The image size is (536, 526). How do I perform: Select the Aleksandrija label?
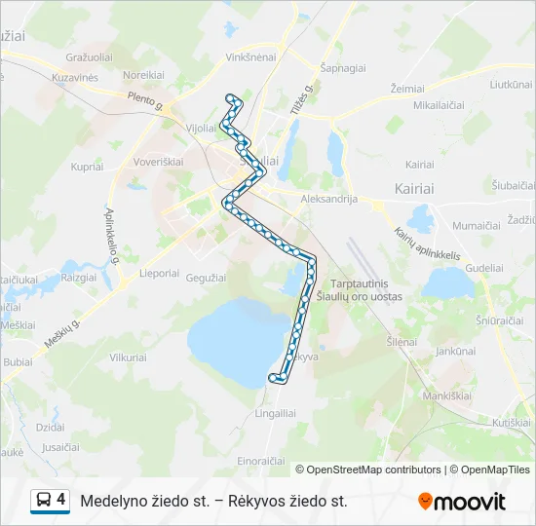tap(330, 199)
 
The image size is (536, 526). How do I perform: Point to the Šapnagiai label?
tap(342, 68)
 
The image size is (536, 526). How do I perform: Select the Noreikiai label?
tap(142, 74)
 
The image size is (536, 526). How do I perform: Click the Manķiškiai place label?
tap(446, 396)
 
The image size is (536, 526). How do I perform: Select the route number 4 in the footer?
tap(61, 500)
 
